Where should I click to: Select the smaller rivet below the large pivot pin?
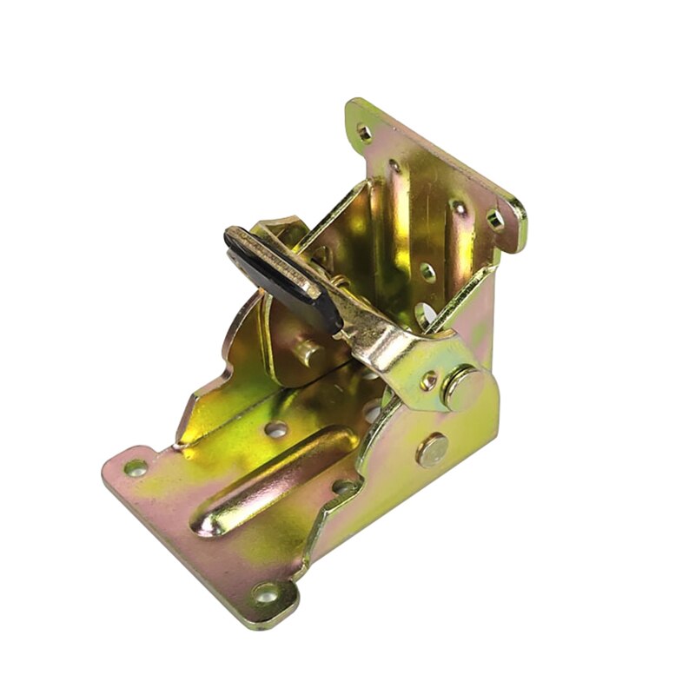pos(432,449)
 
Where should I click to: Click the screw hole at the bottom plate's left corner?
pos(136,467)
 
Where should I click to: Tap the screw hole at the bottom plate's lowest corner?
pos(265,594)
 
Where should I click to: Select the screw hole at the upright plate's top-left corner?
pos(364,133)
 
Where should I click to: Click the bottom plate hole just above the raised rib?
pos(276,428)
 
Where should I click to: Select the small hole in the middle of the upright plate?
pos(427,272)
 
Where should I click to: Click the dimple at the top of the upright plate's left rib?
pos(395,166)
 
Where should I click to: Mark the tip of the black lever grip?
pos(233,237)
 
